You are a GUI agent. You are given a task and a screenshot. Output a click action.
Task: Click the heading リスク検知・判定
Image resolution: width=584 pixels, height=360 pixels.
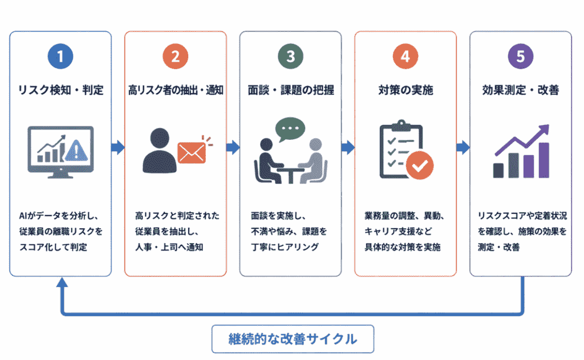(60, 90)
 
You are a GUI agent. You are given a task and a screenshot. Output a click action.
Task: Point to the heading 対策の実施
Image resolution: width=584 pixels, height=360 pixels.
(405, 90)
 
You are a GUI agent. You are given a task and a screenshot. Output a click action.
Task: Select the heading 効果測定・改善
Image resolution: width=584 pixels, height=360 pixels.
(520, 90)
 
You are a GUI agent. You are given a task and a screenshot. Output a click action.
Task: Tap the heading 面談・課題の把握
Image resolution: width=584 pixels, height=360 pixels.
(290, 90)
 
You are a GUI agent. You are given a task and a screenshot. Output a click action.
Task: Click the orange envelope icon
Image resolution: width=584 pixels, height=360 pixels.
(192, 151)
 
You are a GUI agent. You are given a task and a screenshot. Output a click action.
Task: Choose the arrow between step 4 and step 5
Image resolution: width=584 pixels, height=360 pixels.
(463, 148)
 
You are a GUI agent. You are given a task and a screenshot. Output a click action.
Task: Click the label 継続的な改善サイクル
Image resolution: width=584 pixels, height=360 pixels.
(293, 339)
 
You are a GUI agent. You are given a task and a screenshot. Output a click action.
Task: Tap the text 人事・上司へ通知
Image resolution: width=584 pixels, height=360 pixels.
(168, 247)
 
